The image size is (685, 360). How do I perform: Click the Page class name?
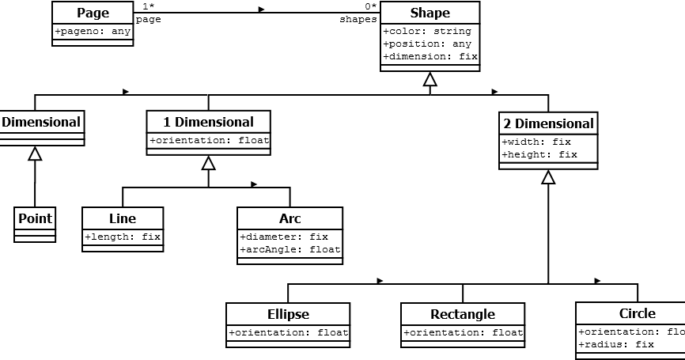93,13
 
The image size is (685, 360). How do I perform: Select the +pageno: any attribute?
93,32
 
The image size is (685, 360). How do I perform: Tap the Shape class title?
430,13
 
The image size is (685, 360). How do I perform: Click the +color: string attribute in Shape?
426,32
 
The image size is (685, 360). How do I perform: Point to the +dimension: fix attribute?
430,57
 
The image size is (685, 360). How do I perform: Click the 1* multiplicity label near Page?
148,6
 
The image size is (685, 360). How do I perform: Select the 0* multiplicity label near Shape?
370,6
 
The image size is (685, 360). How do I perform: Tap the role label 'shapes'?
358,20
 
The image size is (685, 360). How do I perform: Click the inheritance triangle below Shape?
430,79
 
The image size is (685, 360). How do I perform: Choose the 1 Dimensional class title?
208,122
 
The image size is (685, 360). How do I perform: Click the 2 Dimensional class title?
548,123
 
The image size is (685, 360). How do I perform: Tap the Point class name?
35,218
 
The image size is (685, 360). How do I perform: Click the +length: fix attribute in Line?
123,237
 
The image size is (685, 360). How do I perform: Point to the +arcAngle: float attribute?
290,250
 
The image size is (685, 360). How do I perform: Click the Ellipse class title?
288,314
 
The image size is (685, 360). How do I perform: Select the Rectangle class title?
463,314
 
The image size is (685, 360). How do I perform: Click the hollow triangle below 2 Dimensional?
548,177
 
